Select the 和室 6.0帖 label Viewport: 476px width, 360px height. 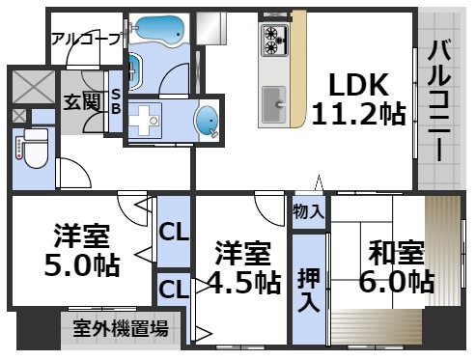(x=396, y=267)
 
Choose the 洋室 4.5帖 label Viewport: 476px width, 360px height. (x=242, y=267)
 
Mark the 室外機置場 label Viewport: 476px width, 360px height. (x=121, y=328)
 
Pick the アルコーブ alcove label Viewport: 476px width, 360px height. (x=85, y=39)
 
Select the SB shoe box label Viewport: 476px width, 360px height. (x=115, y=101)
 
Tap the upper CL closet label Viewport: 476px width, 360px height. (x=173, y=232)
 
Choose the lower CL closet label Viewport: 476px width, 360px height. (x=173, y=289)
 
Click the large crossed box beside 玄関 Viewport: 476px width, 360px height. (x=35, y=88)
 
